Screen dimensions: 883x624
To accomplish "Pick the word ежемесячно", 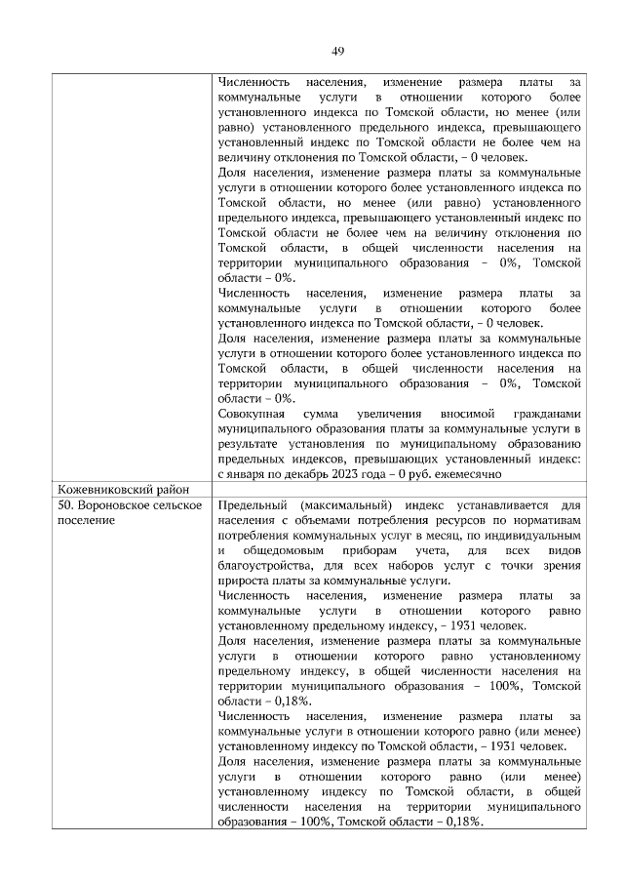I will coord(468,473).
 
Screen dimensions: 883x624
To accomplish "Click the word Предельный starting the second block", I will coord(253,505).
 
